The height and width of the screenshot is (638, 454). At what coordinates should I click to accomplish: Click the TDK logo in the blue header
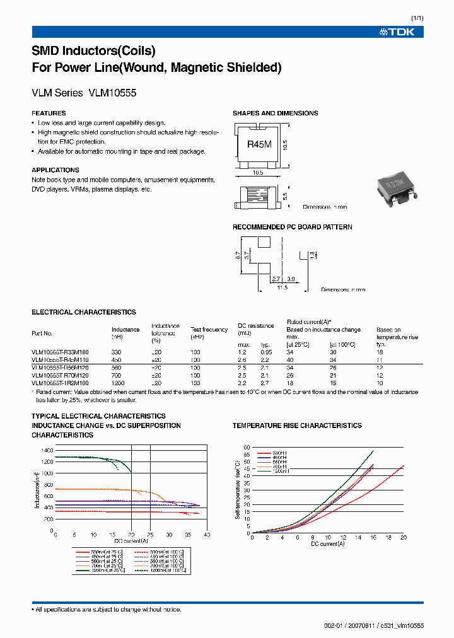(397, 32)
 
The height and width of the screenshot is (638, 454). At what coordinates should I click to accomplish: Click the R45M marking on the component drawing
(259, 144)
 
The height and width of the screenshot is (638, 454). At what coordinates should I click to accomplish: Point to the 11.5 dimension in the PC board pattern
(281, 287)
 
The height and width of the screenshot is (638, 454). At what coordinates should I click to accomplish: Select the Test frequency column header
(209, 330)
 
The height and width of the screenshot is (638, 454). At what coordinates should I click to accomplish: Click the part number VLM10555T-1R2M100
(60, 383)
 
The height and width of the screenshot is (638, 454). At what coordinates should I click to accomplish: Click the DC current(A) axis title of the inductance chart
(131, 541)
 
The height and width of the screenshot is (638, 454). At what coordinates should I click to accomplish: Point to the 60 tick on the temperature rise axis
(247, 446)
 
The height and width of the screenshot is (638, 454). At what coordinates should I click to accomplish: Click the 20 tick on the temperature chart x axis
(403, 537)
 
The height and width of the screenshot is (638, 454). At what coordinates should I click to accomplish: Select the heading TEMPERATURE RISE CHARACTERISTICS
(297, 426)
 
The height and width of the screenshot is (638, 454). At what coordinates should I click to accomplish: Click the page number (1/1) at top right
(417, 18)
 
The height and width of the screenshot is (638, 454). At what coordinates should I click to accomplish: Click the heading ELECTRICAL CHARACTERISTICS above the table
(83, 312)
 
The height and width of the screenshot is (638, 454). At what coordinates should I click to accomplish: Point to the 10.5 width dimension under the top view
(259, 172)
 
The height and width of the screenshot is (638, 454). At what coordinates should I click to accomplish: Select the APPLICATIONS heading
(55, 170)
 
